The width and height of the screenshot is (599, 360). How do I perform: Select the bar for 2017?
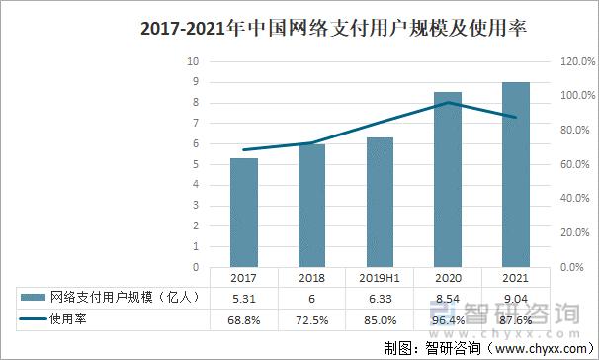coord(243,212)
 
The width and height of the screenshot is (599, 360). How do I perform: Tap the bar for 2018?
coord(312,205)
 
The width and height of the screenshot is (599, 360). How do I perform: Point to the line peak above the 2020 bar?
coord(448,102)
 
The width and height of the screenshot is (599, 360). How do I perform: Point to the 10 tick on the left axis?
coord(195,61)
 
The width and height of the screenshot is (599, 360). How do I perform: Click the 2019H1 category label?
coord(381,279)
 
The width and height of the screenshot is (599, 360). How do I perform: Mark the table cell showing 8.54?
coord(448,296)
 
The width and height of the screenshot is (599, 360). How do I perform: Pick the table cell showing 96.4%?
coord(448,318)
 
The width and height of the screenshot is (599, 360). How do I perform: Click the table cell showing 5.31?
coord(243,296)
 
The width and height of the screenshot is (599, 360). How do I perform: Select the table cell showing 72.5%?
coord(312,318)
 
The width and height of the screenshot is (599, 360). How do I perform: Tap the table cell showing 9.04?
coord(516,296)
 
